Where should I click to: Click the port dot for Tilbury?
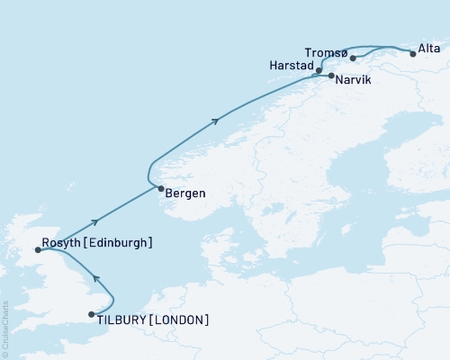pos(91,314)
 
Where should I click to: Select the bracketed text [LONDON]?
pos(181,319)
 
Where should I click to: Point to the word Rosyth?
pos(61,243)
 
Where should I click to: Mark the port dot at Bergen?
pos(160,189)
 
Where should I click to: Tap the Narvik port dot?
pos(331,76)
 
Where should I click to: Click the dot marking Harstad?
pos(319,69)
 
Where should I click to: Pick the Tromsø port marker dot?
pos(354,58)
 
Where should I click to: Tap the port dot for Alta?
pos(413,54)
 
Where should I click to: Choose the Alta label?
pos(428,45)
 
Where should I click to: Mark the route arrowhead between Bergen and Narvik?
pos(214,120)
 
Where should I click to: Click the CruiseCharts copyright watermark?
pos(4,328)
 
